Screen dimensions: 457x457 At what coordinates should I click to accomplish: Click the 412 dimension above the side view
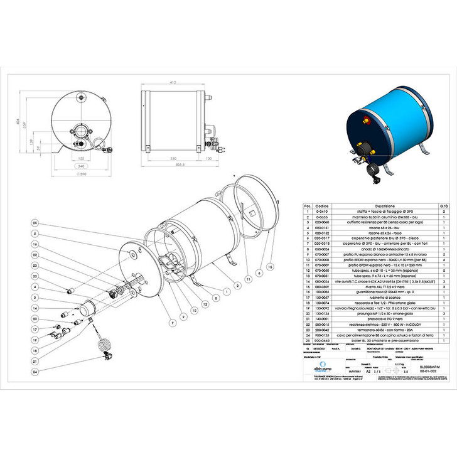tap(173, 82)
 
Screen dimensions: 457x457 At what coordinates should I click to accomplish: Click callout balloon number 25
tap(36, 223)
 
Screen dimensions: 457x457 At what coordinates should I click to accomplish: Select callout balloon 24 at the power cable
tap(36, 372)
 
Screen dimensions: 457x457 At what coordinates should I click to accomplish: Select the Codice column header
tap(322, 206)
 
